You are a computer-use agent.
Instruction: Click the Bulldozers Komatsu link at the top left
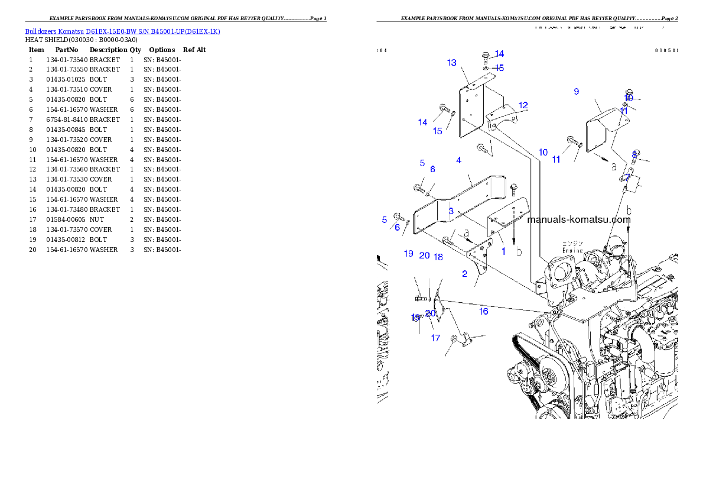pyautogui.click(x=122, y=31)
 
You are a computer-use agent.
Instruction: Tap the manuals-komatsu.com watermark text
pyautogui.click(x=578, y=219)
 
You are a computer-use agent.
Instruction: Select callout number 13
pyautogui.click(x=452, y=63)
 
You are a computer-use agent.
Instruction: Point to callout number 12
pyautogui.click(x=523, y=105)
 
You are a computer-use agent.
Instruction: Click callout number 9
pyautogui.click(x=576, y=91)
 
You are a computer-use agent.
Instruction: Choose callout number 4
pyautogui.click(x=458, y=160)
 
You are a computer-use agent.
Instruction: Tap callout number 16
pyautogui.click(x=483, y=311)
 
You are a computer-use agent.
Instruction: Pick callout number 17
pyautogui.click(x=435, y=338)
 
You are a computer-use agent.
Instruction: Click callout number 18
pyautogui.click(x=438, y=257)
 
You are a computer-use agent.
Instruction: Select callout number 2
pyautogui.click(x=464, y=273)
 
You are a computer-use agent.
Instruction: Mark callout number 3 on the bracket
pyautogui.click(x=451, y=211)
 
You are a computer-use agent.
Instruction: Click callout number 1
pyautogui.click(x=503, y=251)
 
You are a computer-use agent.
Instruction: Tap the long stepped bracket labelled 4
pyautogui.click(x=461, y=201)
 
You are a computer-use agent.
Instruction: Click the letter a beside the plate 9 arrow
pyautogui.click(x=614, y=167)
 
